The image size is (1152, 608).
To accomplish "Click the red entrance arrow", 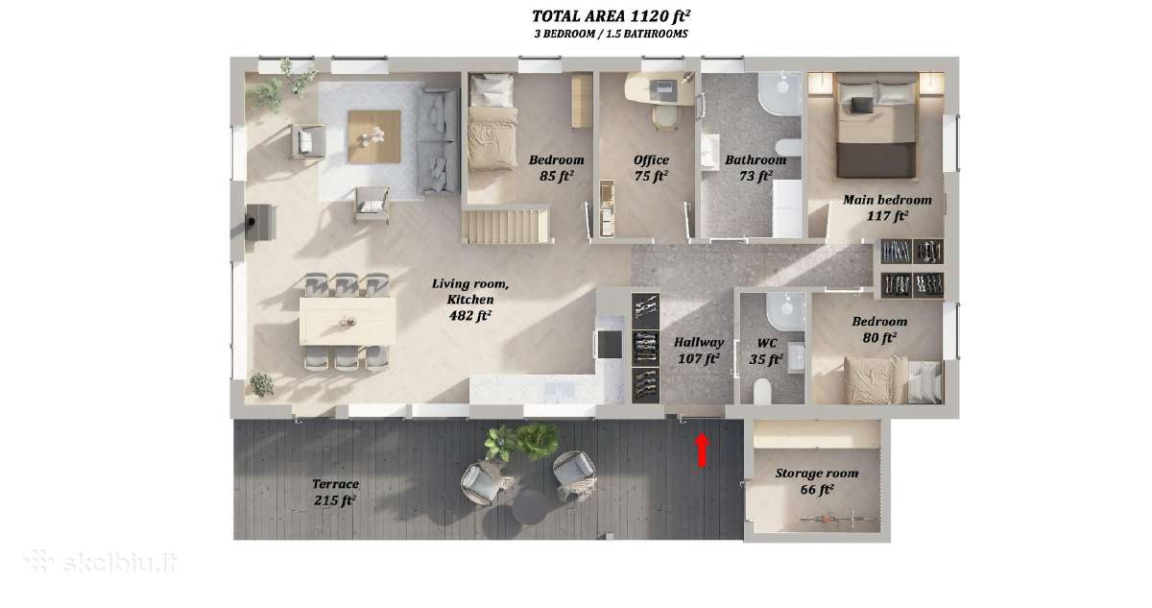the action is point(703,450).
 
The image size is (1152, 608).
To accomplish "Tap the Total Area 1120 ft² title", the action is point(611,16).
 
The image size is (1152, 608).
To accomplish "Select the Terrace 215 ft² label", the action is point(335,492).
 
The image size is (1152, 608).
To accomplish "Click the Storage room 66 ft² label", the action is point(817,481).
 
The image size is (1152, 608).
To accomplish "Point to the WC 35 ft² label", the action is point(766,352).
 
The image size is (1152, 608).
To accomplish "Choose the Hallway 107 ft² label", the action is point(699,351).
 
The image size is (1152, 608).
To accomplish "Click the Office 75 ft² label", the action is point(651,168).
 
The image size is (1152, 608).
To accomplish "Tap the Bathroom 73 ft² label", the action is point(756,168).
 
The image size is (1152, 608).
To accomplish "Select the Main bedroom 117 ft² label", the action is point(887,207).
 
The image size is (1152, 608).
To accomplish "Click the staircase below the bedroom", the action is point(506,226).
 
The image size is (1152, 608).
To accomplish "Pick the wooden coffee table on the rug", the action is point(374,136).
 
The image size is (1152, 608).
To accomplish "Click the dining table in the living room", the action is point(348,322).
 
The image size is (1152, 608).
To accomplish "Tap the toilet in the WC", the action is point(762,392).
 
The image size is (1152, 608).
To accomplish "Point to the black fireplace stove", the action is point(260,222).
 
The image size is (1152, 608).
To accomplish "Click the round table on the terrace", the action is point(529,508).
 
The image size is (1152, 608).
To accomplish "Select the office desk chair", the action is point(665,118).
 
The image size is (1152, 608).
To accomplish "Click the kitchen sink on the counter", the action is point(559,390).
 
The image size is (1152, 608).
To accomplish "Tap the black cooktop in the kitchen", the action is point(610,344).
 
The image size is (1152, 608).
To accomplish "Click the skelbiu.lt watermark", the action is point(101,562).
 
